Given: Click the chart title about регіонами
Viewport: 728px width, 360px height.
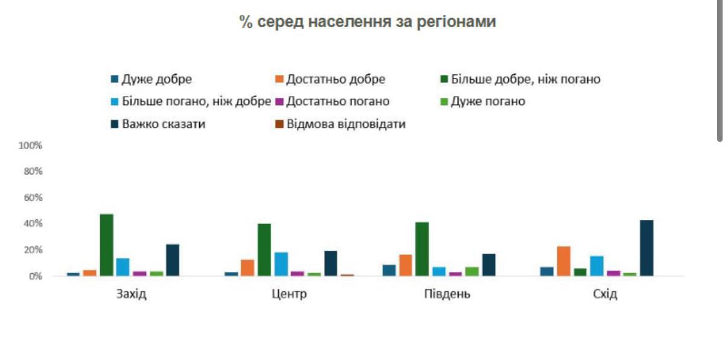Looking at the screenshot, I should [367, 22].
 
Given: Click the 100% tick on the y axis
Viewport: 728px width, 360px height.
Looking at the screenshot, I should [30, 146].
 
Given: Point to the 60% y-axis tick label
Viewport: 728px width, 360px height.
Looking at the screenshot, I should [33, 198].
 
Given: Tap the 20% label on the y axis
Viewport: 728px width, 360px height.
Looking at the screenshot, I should [33, 250].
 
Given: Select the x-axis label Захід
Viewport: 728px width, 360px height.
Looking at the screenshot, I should [131, 295].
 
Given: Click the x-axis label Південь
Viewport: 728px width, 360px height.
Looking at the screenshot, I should [446, 295].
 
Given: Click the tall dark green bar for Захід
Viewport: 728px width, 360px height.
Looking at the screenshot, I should [107, 245].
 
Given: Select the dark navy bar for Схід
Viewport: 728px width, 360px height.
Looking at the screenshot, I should [647, 248].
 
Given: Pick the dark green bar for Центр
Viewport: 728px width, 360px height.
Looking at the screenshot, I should [264, 250].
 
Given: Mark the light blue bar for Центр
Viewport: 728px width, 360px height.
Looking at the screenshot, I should [281, 264].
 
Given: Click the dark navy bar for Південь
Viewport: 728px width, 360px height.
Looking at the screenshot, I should [488, 265].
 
